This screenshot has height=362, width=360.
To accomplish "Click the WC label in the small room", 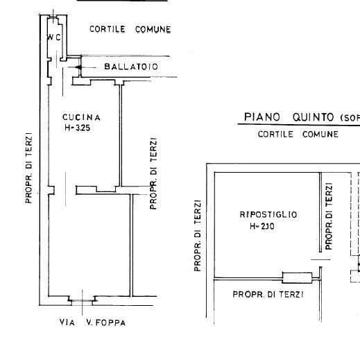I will [55, 38].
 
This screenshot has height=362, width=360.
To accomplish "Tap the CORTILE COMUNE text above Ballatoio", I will [130, 29].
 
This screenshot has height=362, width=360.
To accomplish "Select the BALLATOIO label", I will [131, 67].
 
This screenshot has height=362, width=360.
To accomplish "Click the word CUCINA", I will [81, 117].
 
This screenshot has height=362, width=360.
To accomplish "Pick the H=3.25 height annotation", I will [81, 128].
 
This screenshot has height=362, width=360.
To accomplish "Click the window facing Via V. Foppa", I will [83, 300].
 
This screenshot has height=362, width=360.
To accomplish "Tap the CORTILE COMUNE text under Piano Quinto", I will [298, 135].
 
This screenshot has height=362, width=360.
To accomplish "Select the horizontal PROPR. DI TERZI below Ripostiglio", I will [264, 294].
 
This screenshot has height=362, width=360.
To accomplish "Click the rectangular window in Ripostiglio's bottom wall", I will [296, 278].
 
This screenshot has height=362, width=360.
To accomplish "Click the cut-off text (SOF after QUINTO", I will [350, 117].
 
